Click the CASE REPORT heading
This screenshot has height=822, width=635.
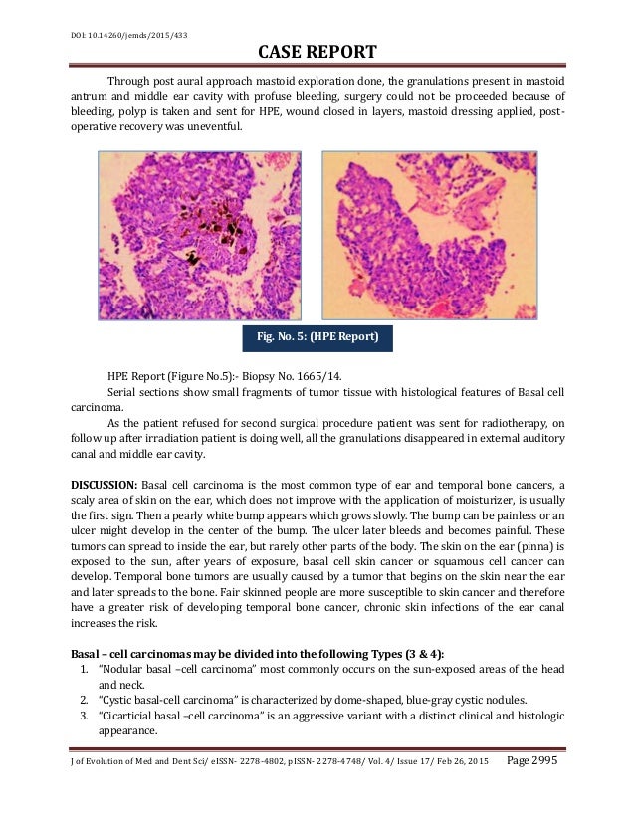317,51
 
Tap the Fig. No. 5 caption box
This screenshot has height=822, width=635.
317,336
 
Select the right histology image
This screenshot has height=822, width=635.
429,235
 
